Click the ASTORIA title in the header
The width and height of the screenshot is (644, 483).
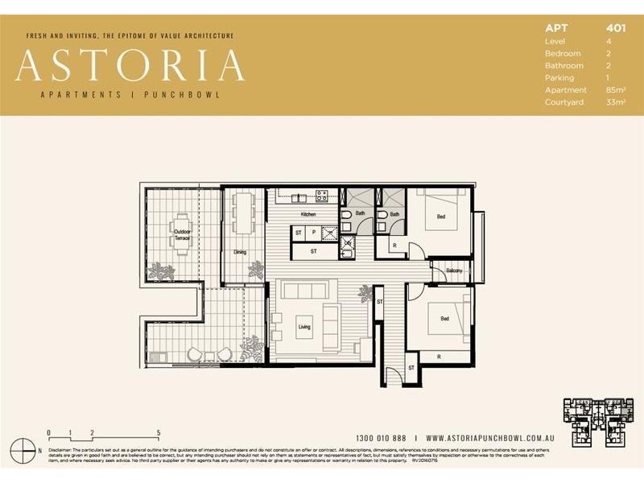(130, 66)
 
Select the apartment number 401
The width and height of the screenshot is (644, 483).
(616, 28)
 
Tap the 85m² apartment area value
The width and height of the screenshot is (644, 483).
(616, 90)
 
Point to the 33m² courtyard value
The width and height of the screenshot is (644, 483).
(616, 102)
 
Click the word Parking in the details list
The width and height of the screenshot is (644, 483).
(559, 78)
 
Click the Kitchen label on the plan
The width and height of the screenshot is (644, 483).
(308, 215)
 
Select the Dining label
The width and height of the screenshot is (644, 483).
(240, 252)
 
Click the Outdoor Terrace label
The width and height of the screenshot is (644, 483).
(183, 236)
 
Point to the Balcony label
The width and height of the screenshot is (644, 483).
(454, 270)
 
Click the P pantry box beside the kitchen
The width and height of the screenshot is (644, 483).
(313, 233)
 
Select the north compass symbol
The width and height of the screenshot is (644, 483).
(31, 450)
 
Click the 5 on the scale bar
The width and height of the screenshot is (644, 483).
(159, 432)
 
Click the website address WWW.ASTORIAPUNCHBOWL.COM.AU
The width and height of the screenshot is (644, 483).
(488, 438)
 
